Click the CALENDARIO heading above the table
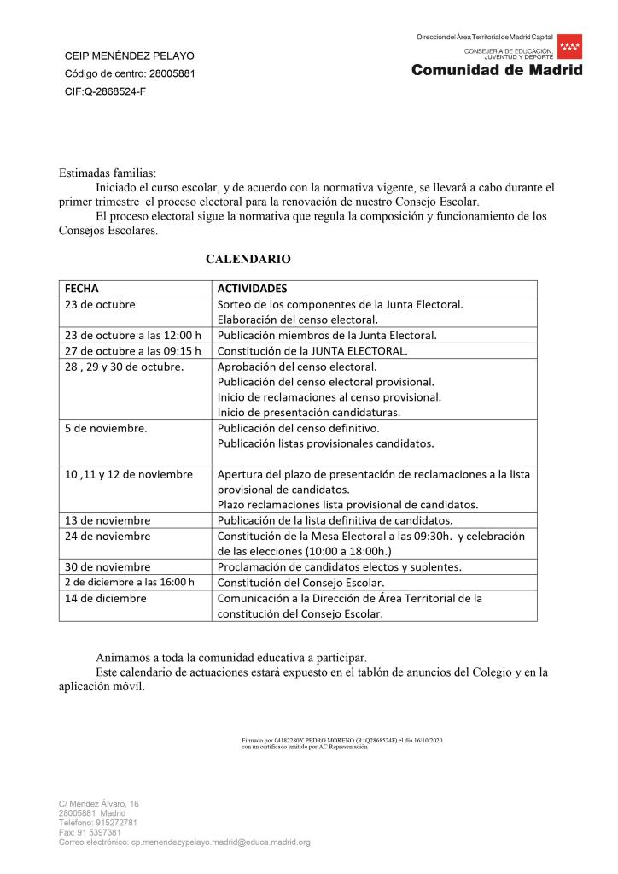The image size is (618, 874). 248,258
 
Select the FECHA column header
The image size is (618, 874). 82,288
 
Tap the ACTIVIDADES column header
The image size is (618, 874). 252,288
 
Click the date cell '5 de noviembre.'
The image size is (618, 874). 106,428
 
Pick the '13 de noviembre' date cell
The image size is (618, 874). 108,520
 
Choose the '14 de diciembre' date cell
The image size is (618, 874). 105,598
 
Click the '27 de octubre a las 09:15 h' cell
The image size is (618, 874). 132,350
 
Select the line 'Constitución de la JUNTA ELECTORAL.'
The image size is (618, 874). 313,350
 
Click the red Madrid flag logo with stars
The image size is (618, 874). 570,47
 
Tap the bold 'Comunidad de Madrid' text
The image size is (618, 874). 497,70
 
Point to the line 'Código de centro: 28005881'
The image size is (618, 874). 130,73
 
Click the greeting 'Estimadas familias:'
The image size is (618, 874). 108,172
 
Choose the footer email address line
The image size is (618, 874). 184,842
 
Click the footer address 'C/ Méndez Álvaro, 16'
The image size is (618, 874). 98,804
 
